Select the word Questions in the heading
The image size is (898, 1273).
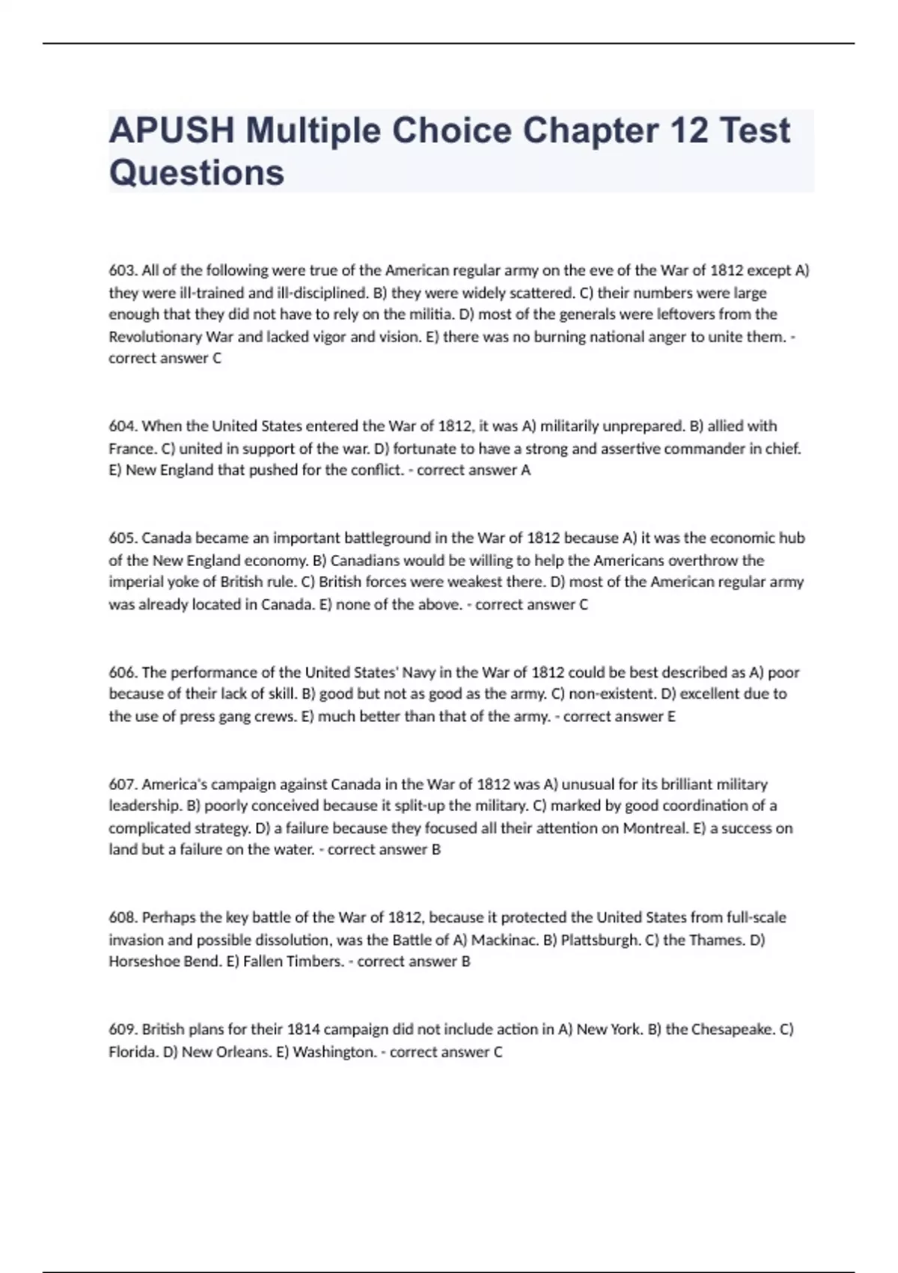pyautogui.click(x=197, y=173)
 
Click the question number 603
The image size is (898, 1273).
pyautogui.click(x=123, y=270)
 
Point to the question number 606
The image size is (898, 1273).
pyautogui.click(x=123, y=672)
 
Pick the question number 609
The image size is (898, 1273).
pyautogui.click(x=123, y=1030)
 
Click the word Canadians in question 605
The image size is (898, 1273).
pyautogui.click(x=362, y=560)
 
